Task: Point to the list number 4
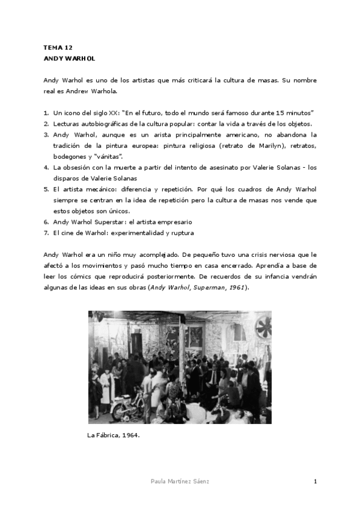coord(46,167)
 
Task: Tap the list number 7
coord(46,233)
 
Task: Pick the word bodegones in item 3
coord(70,156)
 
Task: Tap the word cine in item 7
coord(69,233)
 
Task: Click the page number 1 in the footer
coord(315,482)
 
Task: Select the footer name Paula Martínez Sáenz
coord(180,482)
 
